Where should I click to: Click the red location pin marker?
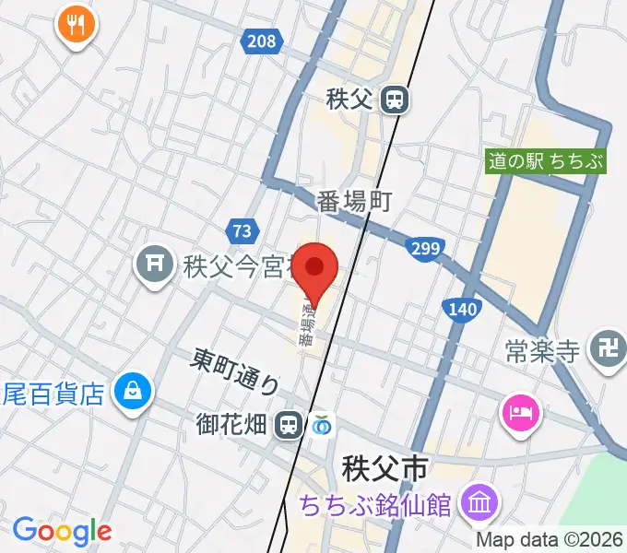pos(316,268)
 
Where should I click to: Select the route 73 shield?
pos(241,230)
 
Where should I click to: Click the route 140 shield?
pos(459,308)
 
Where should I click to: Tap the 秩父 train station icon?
pos(396,100)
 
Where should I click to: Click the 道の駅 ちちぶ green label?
pos(547,161)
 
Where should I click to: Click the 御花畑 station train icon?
pos(290,424)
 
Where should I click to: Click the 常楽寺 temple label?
pos(542,351)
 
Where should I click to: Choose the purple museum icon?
pos(479,504)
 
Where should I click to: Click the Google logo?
pos(62,531)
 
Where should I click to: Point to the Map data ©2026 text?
pos(550,540)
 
